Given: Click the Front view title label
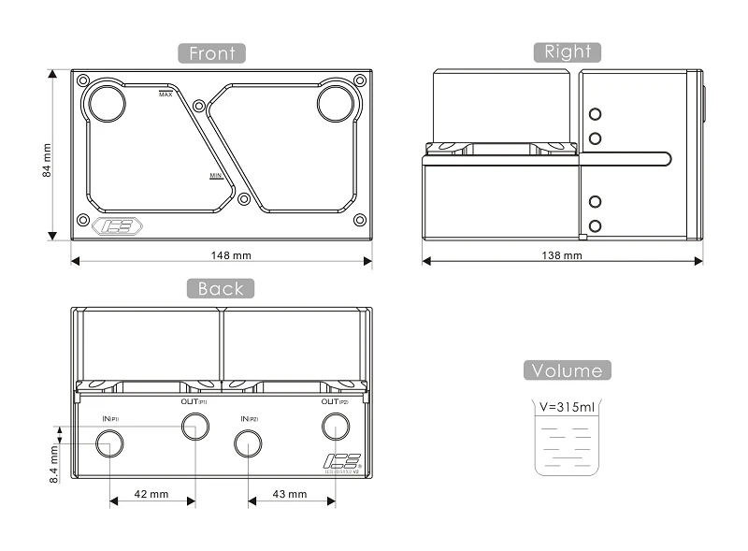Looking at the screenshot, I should coord(212,52).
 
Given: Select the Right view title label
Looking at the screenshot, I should coord(567,51).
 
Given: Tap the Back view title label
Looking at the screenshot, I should coord(220,288).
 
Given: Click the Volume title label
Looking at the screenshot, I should coord(568,370).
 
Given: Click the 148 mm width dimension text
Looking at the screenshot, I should coord(230,254).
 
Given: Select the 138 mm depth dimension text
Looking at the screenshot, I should coord(561,254).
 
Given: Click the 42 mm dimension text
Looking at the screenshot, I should coord(151,493).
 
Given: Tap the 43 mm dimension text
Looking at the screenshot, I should coord(289,493).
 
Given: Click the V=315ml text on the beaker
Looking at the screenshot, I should coord(568,407).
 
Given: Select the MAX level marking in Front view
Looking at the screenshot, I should coord(165,94).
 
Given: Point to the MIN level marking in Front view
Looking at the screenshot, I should coord(216,176).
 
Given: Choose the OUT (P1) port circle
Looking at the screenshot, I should coord(194,427).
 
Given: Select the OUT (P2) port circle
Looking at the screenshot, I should coord(335,427).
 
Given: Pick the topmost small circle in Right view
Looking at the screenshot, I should coord(595,115).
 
